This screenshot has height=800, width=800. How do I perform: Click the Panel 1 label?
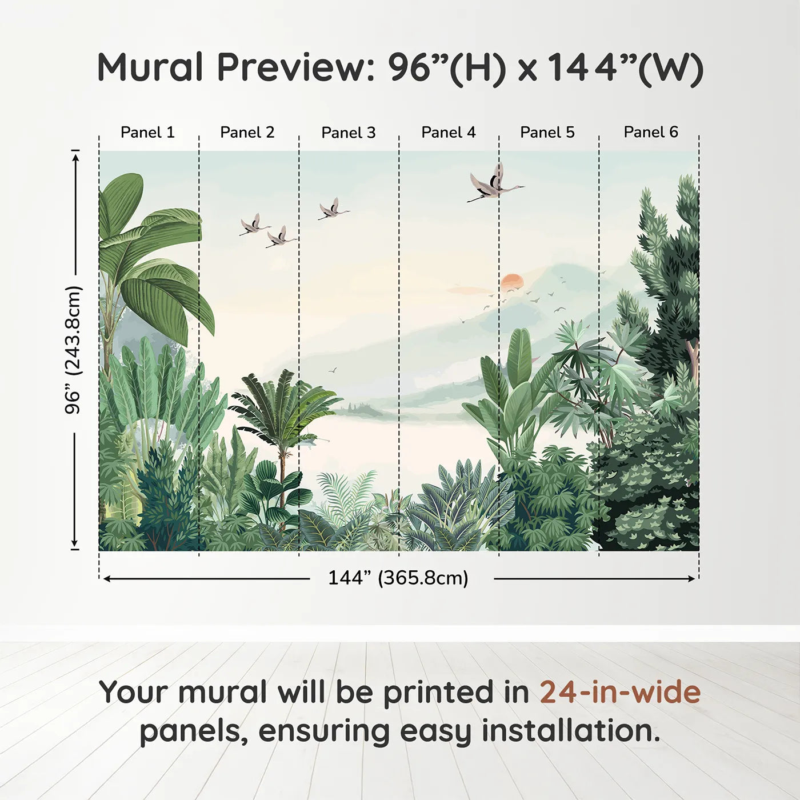pyautogui.click(x=147, y=133)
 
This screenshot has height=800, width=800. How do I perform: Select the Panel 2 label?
pyautogui.click(x=247, y=133)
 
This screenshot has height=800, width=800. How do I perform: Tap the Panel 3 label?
pyautogui.click(x=349, y=133)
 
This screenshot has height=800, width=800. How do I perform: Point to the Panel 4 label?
pyautogui.click(x=449, y=133)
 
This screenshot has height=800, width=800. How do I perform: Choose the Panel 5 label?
pyautogui.click(x=547, y=133)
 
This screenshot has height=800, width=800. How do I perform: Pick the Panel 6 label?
pyautogui.click(x=650, y=132)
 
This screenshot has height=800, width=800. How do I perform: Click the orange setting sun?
pyautogui.click(x=513, y=282)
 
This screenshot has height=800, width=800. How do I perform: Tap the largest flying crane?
pyautogui.click(x=495, y=183)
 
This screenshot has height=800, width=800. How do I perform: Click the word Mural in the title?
pyautogui.click(x=150, y=67)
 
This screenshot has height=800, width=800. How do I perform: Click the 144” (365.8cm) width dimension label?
pyautogui.click(x=398, y=578)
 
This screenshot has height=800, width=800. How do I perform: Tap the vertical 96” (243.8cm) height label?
pyautogui.click(x=73, y=350)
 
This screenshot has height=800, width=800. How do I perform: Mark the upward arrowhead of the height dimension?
pyautogui.click(x=75, y=157)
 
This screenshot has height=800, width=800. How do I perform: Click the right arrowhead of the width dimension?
pyautogui.click(x=691, y=579)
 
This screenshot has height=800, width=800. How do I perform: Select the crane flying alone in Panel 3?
pyautogui.click(x=333, y=209)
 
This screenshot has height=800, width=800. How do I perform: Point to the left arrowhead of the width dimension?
pyautogui.click(x=107, y=579)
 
